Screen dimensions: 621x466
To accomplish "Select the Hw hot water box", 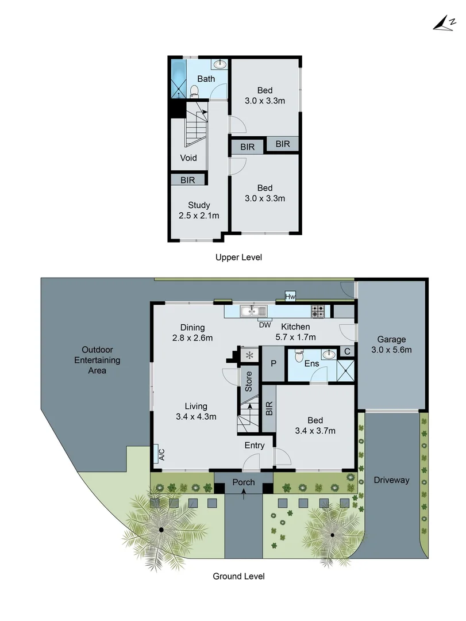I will tap(290, 297).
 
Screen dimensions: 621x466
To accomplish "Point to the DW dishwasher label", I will tap(264, 324).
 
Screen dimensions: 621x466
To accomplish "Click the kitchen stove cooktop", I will tap(318, 312).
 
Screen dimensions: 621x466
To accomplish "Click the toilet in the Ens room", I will tap(298, 356).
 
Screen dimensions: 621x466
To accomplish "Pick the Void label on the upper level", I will tap(188, 158).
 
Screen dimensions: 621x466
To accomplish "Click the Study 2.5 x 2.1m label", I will tap(199, 210).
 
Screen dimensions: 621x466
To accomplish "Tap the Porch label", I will tap(244, 482).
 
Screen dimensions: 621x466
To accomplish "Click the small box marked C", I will tap(346, 351).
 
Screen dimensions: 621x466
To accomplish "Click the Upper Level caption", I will tap(238, 258).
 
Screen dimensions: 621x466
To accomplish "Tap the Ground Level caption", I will tap(238, 576).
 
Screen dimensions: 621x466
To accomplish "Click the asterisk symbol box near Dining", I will tap(249, 355).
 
